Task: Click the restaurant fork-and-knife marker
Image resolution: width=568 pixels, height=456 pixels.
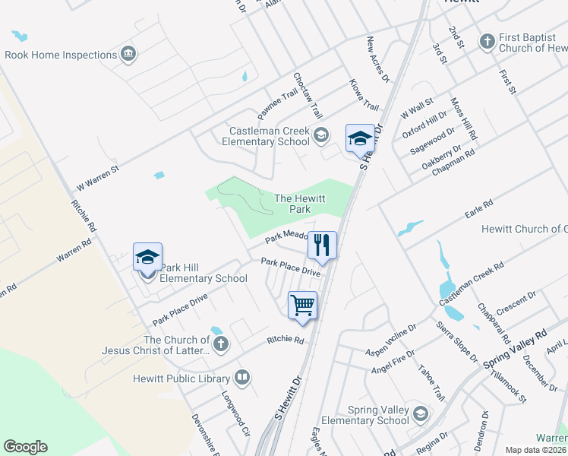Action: pos(322,245)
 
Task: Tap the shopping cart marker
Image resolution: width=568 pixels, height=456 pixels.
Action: pos(302,305)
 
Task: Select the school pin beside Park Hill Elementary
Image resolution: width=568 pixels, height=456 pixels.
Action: pos(147,257)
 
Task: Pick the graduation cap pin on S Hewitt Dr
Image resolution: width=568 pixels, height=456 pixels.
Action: pos(360,138)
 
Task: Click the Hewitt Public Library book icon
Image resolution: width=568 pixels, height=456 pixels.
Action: pos(242,376)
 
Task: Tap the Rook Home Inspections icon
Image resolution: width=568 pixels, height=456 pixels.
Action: pos(128,54)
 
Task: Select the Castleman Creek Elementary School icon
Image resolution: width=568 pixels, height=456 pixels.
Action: pos(320,136)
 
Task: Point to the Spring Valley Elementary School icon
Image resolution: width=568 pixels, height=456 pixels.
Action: pos(420,414)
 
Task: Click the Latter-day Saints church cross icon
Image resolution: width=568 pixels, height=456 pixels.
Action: pos(220,344)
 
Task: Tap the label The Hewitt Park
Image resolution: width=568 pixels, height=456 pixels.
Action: pos(300,203)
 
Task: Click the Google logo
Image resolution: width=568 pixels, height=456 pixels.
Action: pos(25,447)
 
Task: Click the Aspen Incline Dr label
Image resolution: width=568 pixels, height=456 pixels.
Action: pos(391,340)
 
